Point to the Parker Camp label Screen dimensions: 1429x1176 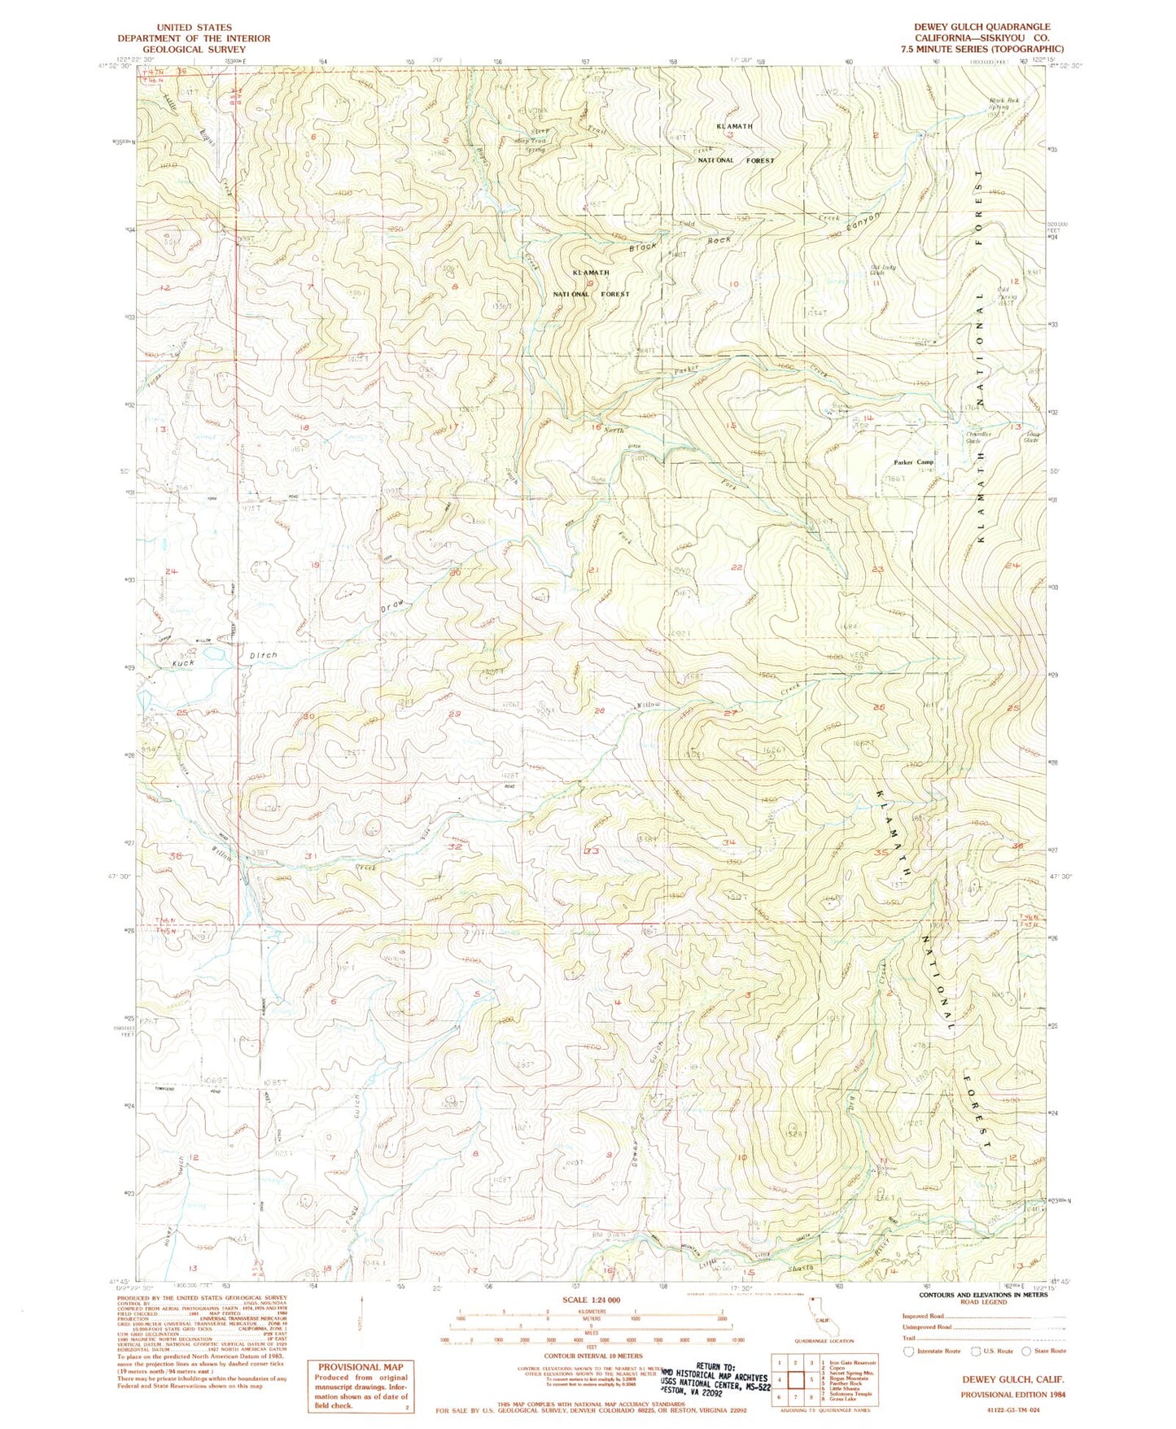[x=914, y=462]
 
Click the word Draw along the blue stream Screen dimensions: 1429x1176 [x=393, y=606]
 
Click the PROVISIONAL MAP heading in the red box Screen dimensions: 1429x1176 [x=360, y=1367]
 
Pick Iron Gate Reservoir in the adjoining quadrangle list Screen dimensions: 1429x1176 [x=853, y=1362]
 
